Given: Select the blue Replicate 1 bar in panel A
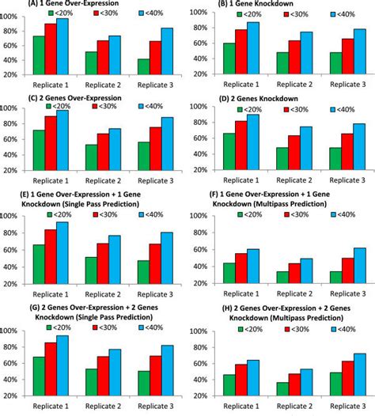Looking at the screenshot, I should [62, 47].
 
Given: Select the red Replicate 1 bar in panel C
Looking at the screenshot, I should [50, 138].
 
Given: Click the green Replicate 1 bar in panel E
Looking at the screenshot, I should [38, 264].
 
